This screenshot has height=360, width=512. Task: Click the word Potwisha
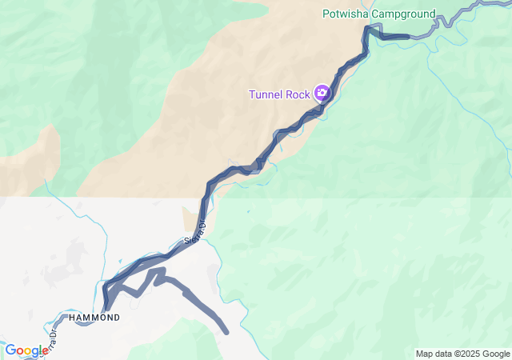(x=346, y=14)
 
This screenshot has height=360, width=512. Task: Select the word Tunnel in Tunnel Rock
(x=266, y=94)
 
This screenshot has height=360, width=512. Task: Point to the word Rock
(x=298, y=94)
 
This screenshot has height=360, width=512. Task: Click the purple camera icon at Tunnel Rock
(x=322, y=94)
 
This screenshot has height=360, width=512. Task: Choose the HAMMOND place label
(x=95, y=318)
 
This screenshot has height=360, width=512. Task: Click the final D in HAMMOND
(x=117, y=318)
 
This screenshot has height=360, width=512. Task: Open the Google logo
(x=26, y=350)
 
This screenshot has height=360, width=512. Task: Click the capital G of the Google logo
(x=10, y=350)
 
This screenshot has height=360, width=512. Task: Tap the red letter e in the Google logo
(x=45, y=351)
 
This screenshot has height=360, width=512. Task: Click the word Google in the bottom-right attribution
(x=495, y=354)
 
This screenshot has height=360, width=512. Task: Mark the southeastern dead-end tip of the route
(x=226, y=330)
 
